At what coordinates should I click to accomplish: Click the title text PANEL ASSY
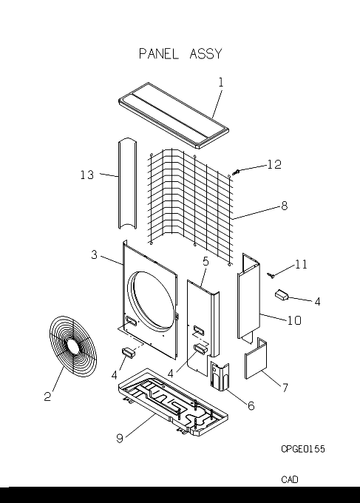click(180, 53)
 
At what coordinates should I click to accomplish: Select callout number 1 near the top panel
click(221, 82)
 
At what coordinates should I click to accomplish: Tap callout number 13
click(87, 175)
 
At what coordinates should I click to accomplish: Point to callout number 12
click(274, 164)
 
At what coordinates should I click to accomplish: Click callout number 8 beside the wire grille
click(285, 206)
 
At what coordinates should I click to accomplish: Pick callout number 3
click(94, 254)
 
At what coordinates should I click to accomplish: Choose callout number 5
click(206, 261)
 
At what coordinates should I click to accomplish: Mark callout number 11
click(301, 264)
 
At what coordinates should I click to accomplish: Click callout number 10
click(294, 320)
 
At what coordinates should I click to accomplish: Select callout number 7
click(285, 388)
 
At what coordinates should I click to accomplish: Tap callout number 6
click(251, 406)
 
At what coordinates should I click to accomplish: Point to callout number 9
click(120, 438)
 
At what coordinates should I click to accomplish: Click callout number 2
click(47, 396)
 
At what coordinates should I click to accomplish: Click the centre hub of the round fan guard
click(73, 347)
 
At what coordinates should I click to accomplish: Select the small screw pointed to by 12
click(236, 172)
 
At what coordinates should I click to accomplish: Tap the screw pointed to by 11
click(271, 275)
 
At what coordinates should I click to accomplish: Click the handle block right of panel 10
click(281, 295)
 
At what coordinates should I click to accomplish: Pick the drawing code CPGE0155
click(303, 449)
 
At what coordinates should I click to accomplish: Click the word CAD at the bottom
click(290, 479)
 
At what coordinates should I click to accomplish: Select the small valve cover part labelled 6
click(220, 376)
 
